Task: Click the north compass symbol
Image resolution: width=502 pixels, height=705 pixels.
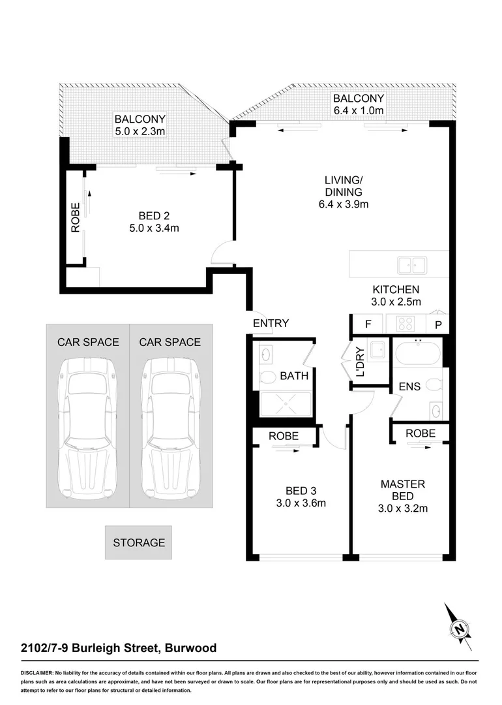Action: (460, 628)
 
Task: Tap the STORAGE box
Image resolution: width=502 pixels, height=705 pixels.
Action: (139, 542)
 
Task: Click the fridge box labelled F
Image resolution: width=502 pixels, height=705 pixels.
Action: (368, 324)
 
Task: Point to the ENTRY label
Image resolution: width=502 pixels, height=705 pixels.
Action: (271, 323)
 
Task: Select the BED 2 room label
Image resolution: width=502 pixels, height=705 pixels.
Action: (155, 215)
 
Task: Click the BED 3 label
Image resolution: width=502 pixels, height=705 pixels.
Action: (301, 490)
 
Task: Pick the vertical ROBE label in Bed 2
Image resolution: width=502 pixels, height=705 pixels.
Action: (75, 218)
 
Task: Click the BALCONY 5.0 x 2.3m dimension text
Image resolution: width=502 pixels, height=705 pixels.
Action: (140, 132)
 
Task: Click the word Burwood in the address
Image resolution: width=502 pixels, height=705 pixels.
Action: (190, 648)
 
